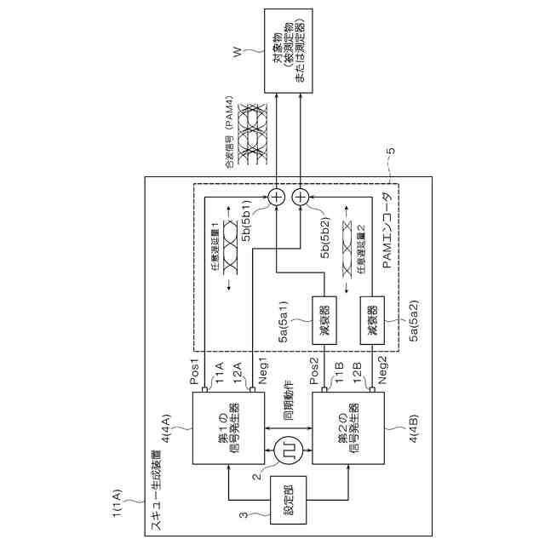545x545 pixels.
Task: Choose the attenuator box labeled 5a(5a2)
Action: (x=371, y=318)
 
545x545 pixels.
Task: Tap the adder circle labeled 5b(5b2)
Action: (x=301, y=198)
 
